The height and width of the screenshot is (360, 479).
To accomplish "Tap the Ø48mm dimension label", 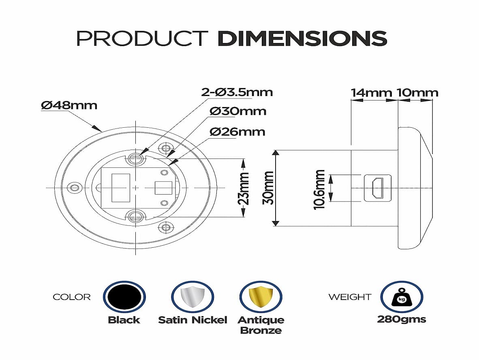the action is tap(69, 105).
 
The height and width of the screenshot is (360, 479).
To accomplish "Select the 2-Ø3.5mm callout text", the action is tap(237, 92).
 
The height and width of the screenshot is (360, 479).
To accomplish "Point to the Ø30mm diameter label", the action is tap(237, 111).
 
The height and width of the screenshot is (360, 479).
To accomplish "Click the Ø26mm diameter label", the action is tap(237, 132).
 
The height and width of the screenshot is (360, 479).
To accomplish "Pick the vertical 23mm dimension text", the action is tap(244, 189).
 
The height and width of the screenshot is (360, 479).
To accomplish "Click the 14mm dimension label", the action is tap(371, 92).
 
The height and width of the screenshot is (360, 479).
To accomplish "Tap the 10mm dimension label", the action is tap(417, 92).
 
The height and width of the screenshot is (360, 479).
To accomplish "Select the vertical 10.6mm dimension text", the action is tap(319, 189).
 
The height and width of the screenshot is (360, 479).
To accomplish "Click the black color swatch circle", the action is tap(124, 297).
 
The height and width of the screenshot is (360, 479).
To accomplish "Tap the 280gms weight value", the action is tap(402, 319).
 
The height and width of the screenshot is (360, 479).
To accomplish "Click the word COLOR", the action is tap(72, 297).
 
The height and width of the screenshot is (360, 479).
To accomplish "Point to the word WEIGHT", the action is tap(350, 297).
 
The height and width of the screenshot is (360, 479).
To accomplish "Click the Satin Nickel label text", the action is tap(192, 320).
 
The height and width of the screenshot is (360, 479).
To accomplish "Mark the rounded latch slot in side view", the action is tap(378, 188).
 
